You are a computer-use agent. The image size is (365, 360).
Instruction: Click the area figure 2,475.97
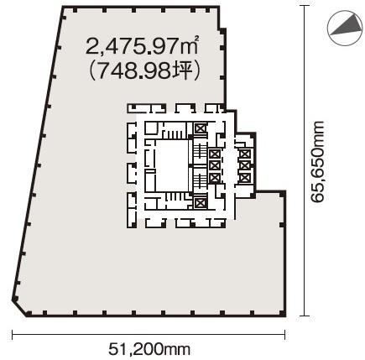click(133, 46)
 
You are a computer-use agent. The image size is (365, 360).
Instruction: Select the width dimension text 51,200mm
click(149, 349)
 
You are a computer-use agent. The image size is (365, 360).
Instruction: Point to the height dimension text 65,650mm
click(318, 161)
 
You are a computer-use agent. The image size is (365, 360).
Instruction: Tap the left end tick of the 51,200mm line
click(13, 335)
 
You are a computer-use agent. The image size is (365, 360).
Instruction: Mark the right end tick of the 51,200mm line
click(284, 335)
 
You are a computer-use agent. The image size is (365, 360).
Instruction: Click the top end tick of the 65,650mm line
click(305, 6)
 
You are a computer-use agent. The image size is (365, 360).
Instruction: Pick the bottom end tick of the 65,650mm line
click(305, 316)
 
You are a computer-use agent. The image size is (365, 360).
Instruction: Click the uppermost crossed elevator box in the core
click(200, 128)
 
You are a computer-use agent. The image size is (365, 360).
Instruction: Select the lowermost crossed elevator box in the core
click(200, 203)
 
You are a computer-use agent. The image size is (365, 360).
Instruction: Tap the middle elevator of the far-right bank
click(245, 165)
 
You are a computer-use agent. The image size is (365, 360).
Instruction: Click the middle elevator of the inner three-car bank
click(215, 165)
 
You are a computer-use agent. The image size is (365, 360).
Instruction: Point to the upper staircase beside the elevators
click(200, 151)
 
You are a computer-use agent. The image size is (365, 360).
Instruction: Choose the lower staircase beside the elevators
click(200, 181)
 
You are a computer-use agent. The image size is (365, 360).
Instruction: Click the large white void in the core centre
click(172, 166)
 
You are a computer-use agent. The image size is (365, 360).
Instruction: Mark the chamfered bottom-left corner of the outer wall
click(19, 309)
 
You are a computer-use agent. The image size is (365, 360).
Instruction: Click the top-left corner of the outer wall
click(63, 8)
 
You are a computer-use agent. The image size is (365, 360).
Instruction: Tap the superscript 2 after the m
click(196, 39)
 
